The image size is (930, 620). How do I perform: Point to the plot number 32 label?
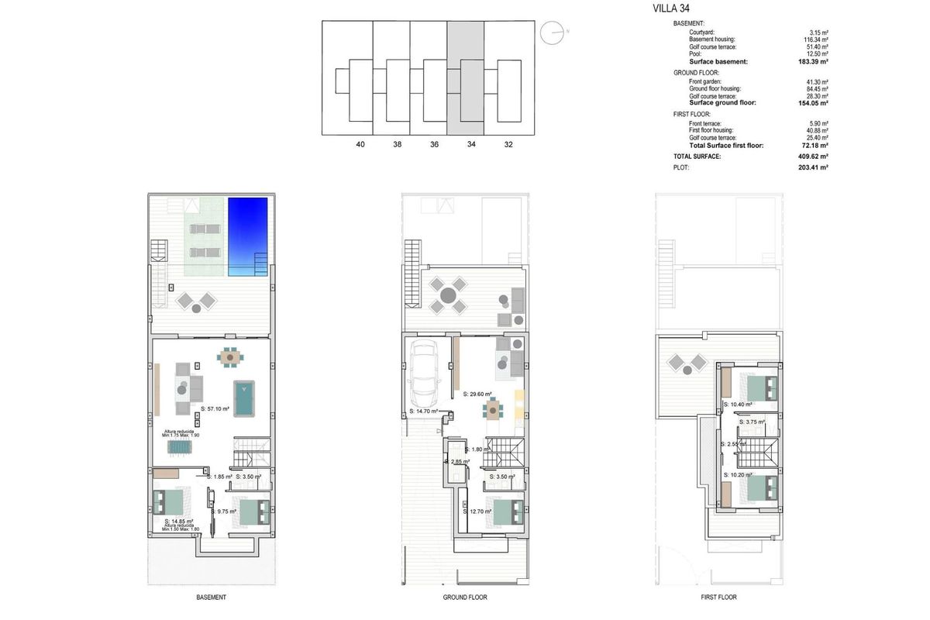click(x=508, y=144)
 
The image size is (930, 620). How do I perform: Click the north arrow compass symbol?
click(x=553, y=32)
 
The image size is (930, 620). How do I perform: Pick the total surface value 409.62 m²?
click(x=815, y=157)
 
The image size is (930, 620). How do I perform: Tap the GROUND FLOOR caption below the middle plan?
click(x=465, y=598)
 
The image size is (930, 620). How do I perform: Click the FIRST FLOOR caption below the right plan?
click(x=718, y=598)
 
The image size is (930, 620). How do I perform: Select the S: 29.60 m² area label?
click(x=478, y=394)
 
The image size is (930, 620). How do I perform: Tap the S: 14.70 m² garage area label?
click(x=423, y=412)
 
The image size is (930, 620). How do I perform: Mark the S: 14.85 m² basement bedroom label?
click(x=179, y=522)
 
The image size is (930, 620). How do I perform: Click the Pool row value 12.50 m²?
click(x=817, y=53)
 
